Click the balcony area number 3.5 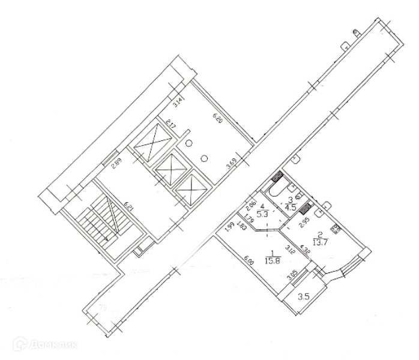pos(304,296)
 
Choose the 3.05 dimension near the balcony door pos(292,277)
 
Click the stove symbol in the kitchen pos(335,228)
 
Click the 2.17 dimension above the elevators pos(170,127)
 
